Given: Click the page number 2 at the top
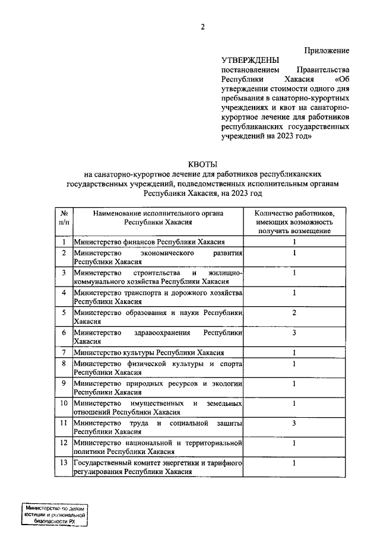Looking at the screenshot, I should click(x=202, y=27).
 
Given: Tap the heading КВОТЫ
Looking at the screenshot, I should click(x=202, y=164).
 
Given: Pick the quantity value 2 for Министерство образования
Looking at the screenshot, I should click(x=294, y=312).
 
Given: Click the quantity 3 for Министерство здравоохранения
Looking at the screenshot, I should click(x=294, y=333).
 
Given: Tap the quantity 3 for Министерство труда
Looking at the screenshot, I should click(x=294, y=422).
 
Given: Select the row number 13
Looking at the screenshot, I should click(x=63, y=463).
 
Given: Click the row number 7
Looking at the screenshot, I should click(x=63, y=352).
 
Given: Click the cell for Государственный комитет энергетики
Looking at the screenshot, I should click(x=157, y=468).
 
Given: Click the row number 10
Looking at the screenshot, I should click(x=63, y=403).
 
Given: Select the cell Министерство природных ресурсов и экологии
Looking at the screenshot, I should click(x=157, y=388).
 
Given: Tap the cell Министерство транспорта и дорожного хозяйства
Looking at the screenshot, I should click(x=157, y=297).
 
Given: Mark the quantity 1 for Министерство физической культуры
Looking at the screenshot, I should click(x=294, y=363).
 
